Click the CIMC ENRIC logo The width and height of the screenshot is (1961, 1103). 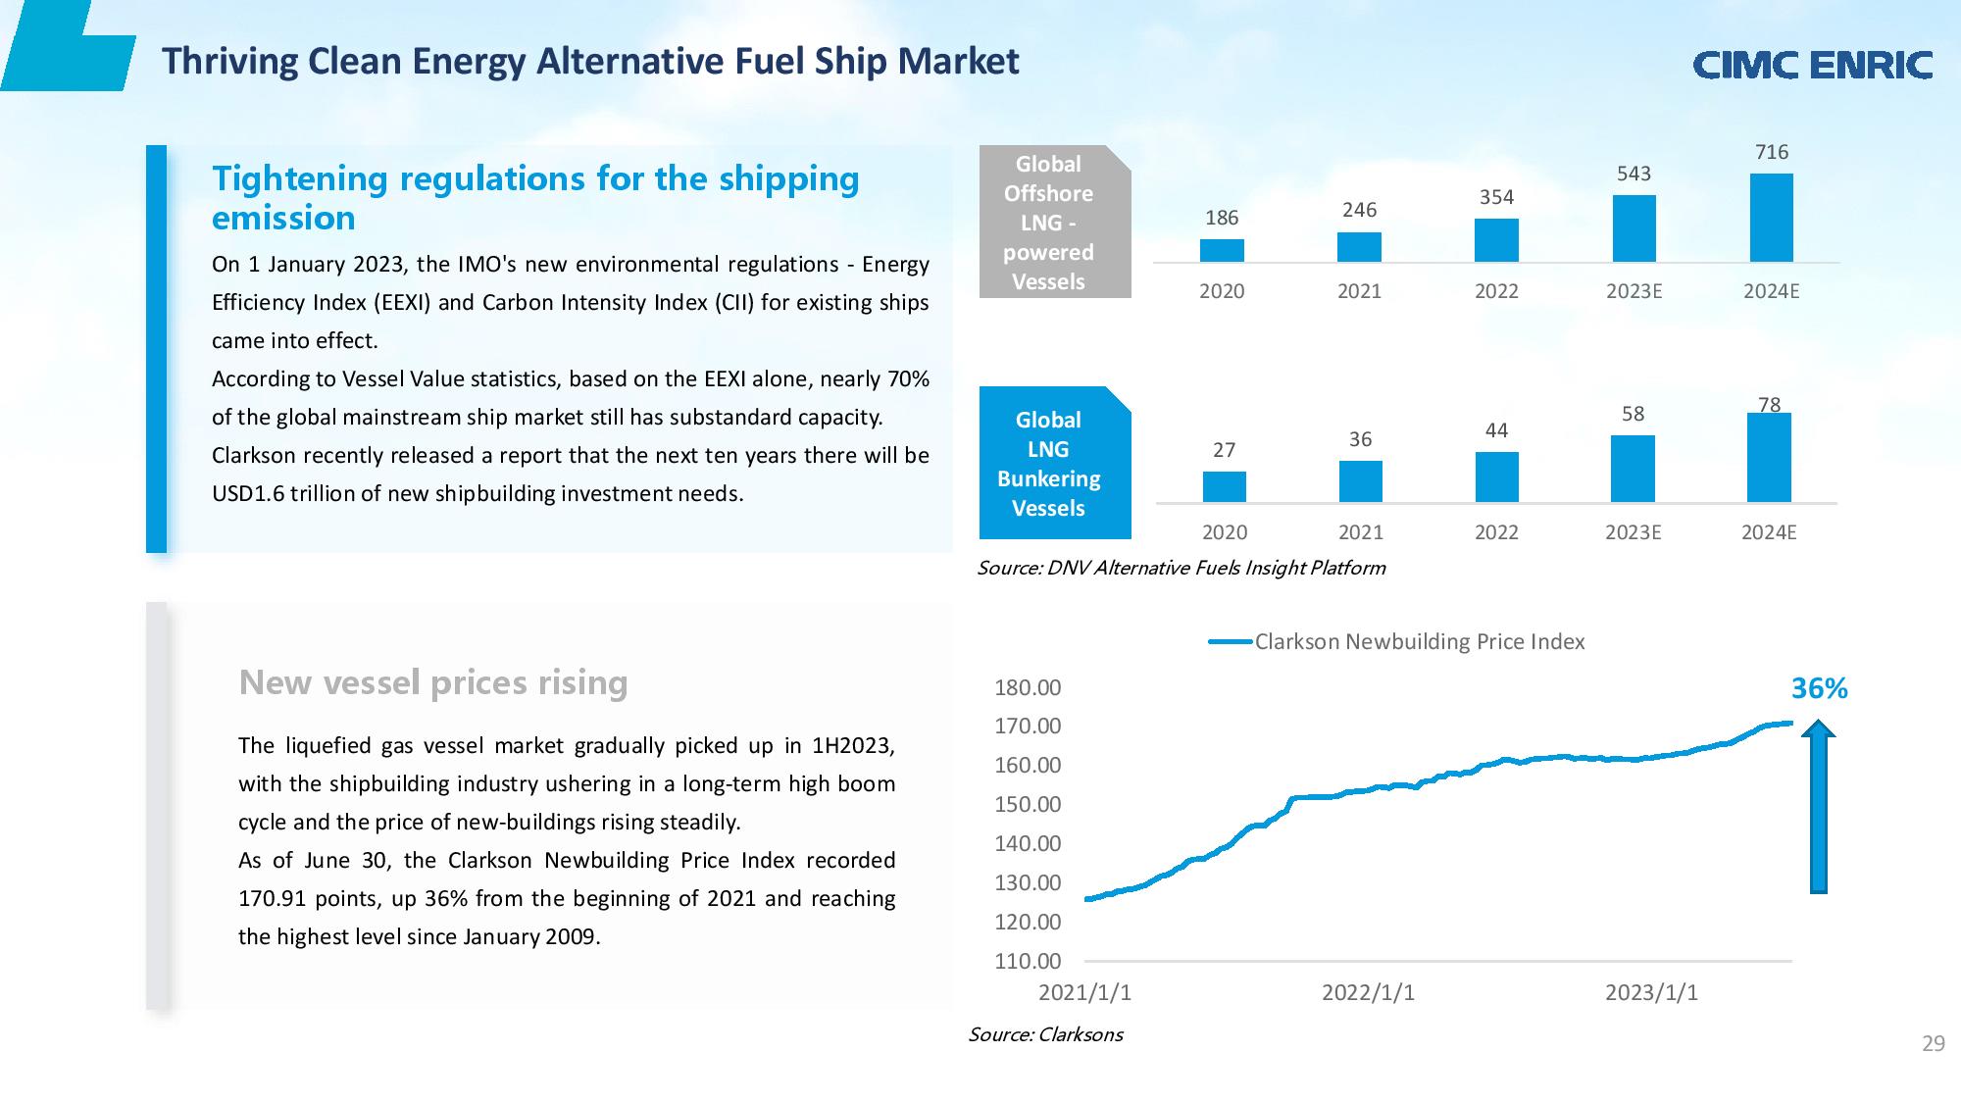1812,65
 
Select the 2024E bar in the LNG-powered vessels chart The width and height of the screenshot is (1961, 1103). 1771,218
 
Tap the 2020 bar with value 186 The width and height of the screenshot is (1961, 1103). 1222,250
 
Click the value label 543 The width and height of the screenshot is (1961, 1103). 1634,174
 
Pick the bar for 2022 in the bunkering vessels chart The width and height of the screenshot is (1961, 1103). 1496,477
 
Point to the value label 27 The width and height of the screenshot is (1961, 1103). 1224,450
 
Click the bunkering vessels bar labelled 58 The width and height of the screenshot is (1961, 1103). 1633,469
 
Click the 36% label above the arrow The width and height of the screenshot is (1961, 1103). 1819,689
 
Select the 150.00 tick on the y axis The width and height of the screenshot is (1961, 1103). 1028,805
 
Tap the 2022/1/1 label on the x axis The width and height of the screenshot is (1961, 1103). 1368,993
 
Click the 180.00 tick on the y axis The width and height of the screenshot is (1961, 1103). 1028,688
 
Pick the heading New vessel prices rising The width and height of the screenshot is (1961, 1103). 432,682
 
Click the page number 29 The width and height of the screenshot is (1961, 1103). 1933,1044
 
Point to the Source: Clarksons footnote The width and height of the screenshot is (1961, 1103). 1045,1034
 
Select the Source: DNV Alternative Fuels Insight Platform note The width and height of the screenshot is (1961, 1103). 1181,569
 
